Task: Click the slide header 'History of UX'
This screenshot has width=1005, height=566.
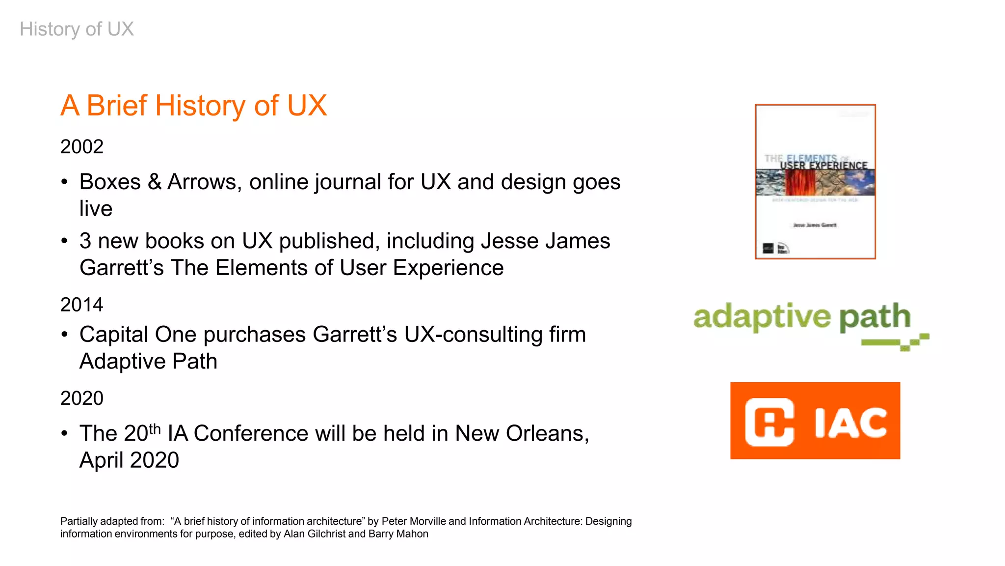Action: click(77, 29)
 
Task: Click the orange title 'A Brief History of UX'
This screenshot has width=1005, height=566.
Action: click(193, 106)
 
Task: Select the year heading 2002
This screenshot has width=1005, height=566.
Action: click(81, 147)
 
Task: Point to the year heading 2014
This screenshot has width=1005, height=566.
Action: click(81, 305)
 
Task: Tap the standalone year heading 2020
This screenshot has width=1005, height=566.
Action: click(81, 398)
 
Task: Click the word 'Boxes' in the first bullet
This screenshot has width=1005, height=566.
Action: click(110, 182)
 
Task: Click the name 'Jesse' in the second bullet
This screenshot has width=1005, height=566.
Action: click(509, 241)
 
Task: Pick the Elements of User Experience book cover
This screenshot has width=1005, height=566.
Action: click(815, 182)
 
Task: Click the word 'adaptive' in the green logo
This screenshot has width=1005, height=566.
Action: click(762, 317)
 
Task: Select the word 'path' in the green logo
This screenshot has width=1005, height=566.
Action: click(874, 317)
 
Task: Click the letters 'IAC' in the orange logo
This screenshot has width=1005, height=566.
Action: click(850, 422)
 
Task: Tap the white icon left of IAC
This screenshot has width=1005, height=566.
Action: click(769, 422)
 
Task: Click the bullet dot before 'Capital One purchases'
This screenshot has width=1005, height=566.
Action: click(64, 335)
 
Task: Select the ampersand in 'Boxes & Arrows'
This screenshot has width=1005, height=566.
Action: click(155, 182)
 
